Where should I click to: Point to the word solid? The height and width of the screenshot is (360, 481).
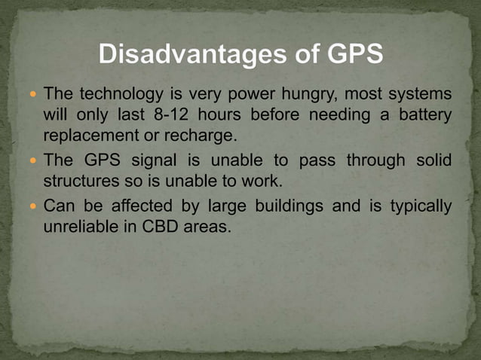tap(434, 160)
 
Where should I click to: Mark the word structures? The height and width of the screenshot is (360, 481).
tap(81, 182)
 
